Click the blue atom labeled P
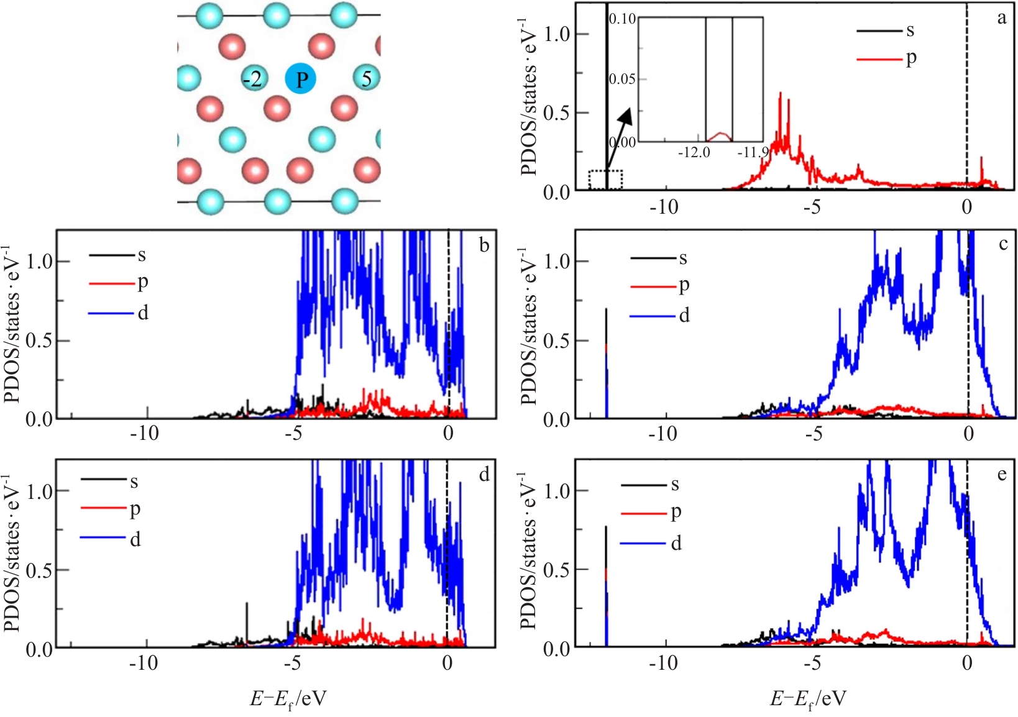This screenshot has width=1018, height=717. point(301,80)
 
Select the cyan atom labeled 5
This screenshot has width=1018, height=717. point(367,78)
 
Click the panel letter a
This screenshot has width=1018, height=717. point(1001,19)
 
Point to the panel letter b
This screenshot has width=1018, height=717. point(484,245)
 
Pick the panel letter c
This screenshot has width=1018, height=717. point(1002,244)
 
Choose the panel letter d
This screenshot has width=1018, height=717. point(484,475)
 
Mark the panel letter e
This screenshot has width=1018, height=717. point(1001,475)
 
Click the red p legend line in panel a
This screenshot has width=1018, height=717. point(879,59)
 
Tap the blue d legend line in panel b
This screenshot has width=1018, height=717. point(111,313)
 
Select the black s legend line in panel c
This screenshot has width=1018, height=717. point(653,258)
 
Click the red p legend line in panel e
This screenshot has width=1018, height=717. point(644,513)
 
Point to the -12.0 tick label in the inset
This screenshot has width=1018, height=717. point(694,152)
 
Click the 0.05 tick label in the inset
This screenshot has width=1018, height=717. point(622,80)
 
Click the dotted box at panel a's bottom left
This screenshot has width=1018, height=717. point(605,180)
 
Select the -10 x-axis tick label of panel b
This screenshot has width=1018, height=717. point(144,433)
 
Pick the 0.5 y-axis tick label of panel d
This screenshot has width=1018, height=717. point(39,570)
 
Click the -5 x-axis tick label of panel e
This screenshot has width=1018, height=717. point(812,663)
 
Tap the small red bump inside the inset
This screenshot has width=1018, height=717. point(720,135)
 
